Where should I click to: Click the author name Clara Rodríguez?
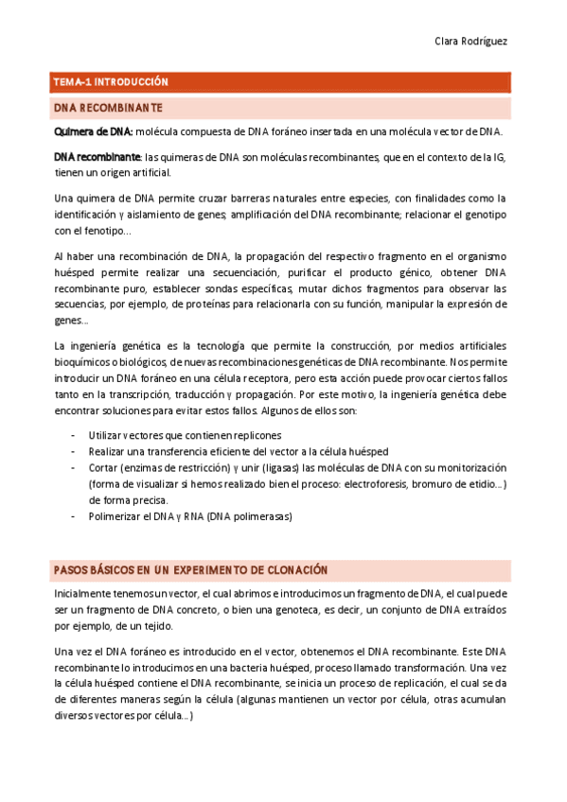coord(471,43)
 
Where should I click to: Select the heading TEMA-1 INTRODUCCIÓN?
coord(111,82)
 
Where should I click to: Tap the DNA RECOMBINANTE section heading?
coord(108,108)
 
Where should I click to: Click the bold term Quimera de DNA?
coord(94,132)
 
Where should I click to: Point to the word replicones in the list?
coord(255,435)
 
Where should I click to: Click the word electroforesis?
coord(367,484)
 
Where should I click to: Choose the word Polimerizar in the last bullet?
coord(115,516)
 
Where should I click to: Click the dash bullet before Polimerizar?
coord(74,516)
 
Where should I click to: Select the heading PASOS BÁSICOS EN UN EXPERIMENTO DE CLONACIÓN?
coord(190,570)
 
